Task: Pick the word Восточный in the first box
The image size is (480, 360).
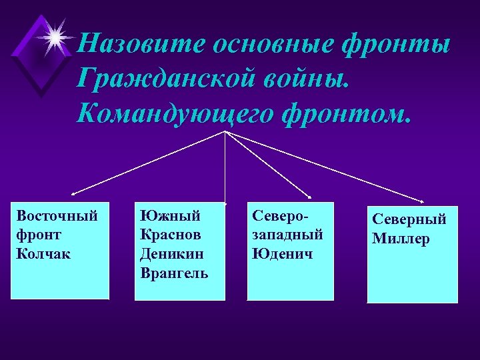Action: [x=57, y=216]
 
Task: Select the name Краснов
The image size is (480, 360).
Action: [x=171, y=235]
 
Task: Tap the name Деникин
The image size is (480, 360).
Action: [x=171, y=254]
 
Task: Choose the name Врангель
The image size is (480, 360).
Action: [x=175, y=273]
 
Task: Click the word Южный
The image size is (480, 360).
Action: [x=170, y=216]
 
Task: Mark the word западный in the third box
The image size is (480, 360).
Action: [x=287, y=235]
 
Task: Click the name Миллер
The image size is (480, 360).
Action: [x=401, y=239]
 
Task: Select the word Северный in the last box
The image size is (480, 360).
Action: [x=409, y=219]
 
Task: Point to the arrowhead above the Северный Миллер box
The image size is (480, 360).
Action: [x=425, y=201]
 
